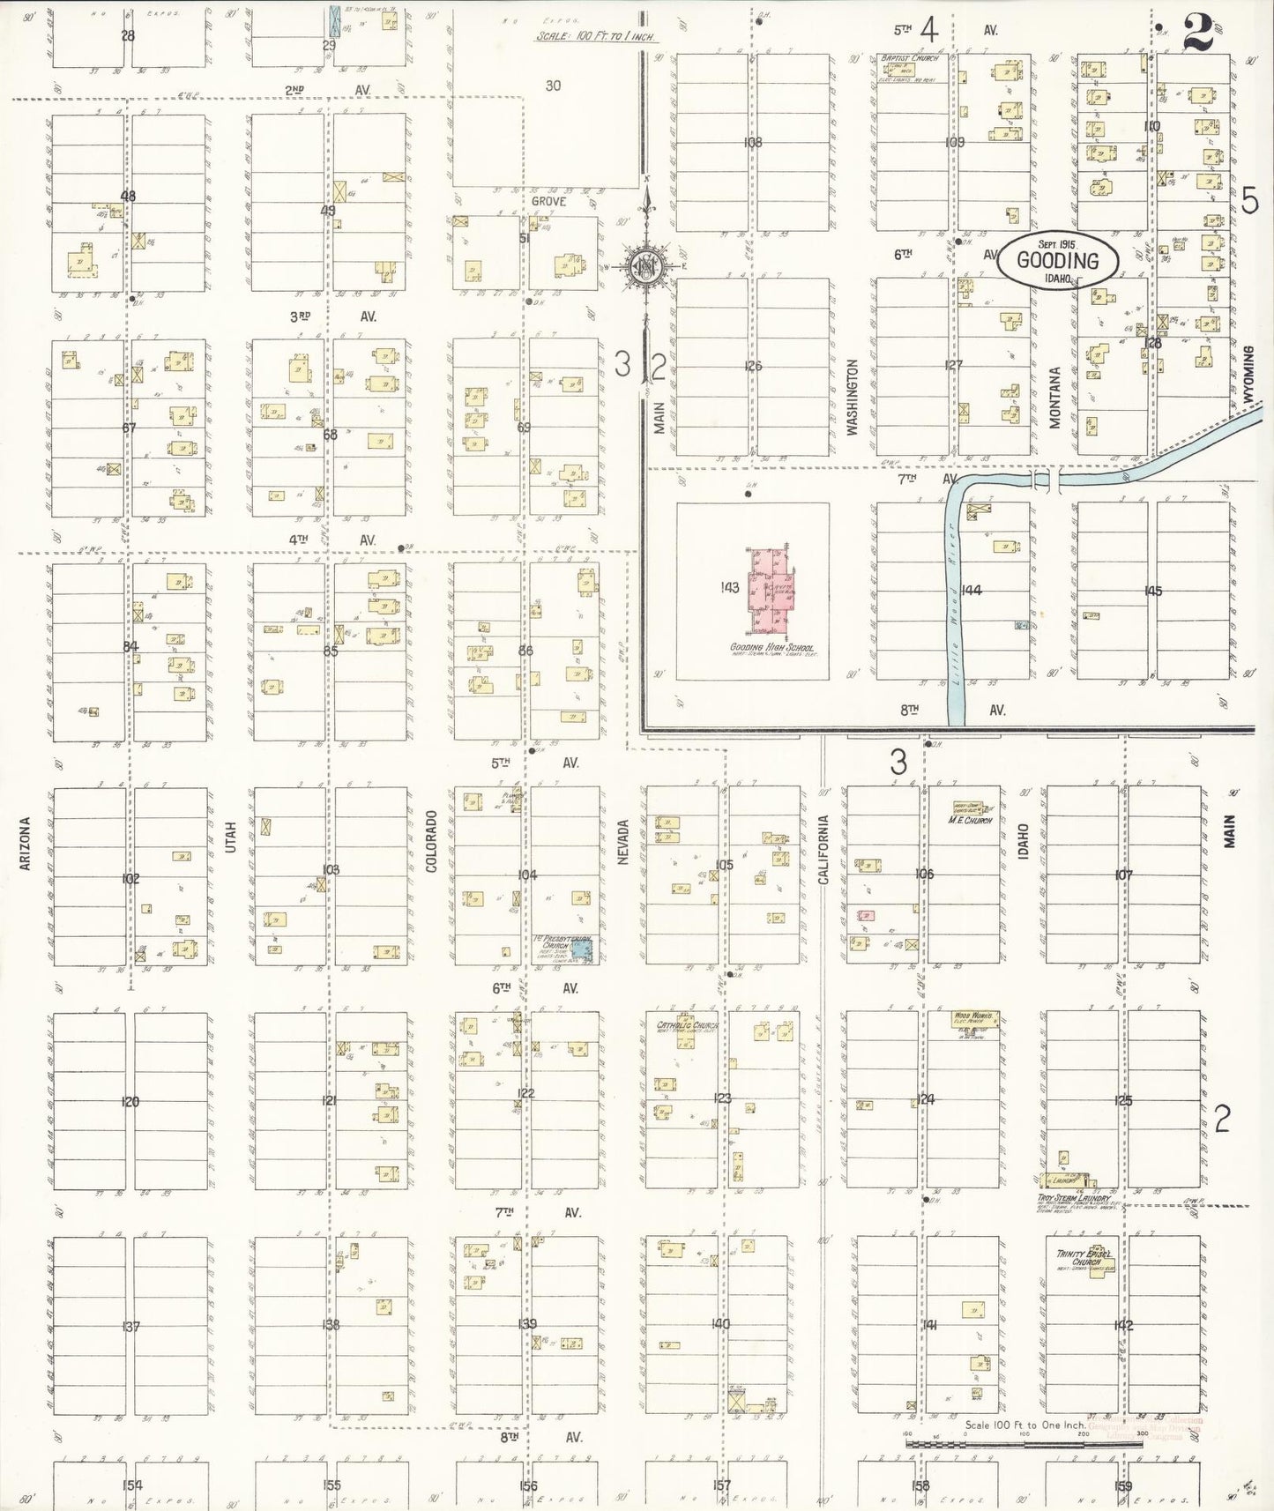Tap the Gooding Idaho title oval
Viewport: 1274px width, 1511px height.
[1058, 260]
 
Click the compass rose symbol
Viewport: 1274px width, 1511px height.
[647, 264]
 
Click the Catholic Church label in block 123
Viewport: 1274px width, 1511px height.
[687, 1025]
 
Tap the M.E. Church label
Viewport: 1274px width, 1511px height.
[970, 820]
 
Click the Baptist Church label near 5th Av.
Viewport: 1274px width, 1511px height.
[910, 58]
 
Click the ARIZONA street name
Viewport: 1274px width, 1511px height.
[26, 844]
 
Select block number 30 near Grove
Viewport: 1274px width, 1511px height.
[553, 86]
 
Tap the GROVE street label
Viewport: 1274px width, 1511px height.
[548, 201]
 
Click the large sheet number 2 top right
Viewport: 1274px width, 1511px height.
[1200, 33]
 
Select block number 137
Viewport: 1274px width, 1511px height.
[131, 1327]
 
